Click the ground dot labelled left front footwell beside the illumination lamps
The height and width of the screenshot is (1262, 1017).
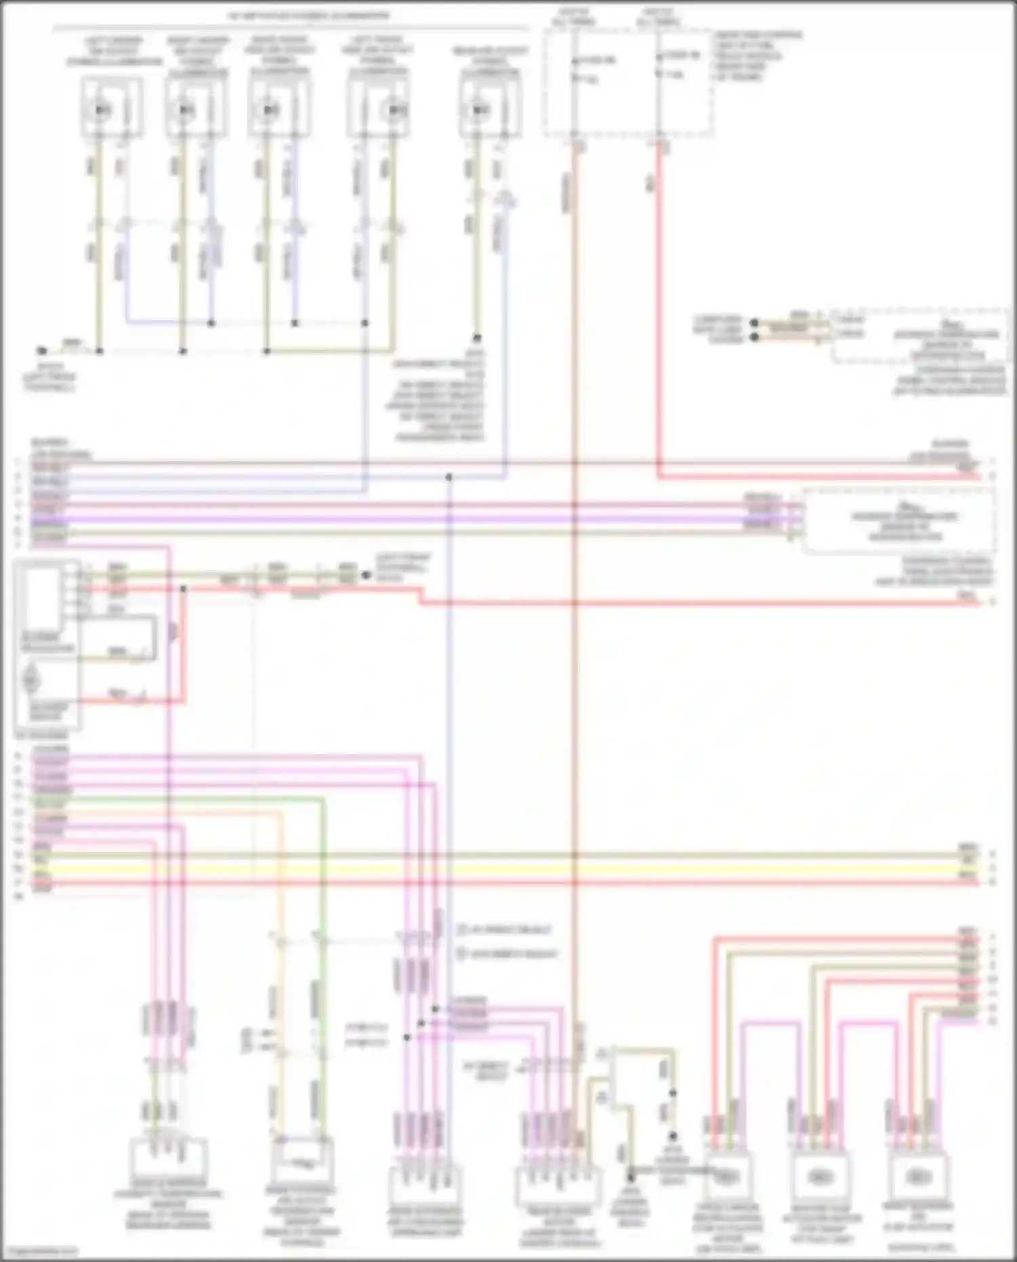point(42,351)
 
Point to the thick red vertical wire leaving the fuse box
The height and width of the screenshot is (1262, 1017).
point(658,305)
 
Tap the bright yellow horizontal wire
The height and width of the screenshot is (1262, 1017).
point(509,869)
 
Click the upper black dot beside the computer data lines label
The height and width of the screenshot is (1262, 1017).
point(754,321)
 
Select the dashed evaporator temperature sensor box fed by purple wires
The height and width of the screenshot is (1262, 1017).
point(898,521)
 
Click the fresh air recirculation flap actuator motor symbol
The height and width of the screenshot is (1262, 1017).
point(727,1177)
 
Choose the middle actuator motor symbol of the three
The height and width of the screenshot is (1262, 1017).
point(821,1177)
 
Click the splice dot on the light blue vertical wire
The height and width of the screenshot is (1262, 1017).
point(449,478)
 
